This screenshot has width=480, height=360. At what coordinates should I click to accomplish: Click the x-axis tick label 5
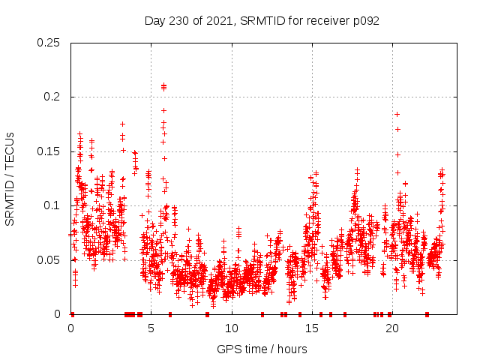coord(151,328)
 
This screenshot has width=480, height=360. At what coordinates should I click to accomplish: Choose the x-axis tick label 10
coord(231,328)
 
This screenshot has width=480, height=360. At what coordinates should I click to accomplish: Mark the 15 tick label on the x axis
coord(311,328)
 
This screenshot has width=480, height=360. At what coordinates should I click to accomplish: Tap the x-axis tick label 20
coord(391,328)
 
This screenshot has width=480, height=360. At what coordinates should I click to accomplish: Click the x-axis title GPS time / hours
coord(261,349)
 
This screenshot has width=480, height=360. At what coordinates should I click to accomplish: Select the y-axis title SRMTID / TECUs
coord(10,178)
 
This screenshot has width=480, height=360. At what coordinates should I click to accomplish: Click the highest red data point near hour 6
coord(163,85)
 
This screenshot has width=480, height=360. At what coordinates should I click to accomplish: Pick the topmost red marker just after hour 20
coord(397,114)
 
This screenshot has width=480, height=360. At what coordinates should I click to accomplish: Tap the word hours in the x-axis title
coord(291,349)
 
